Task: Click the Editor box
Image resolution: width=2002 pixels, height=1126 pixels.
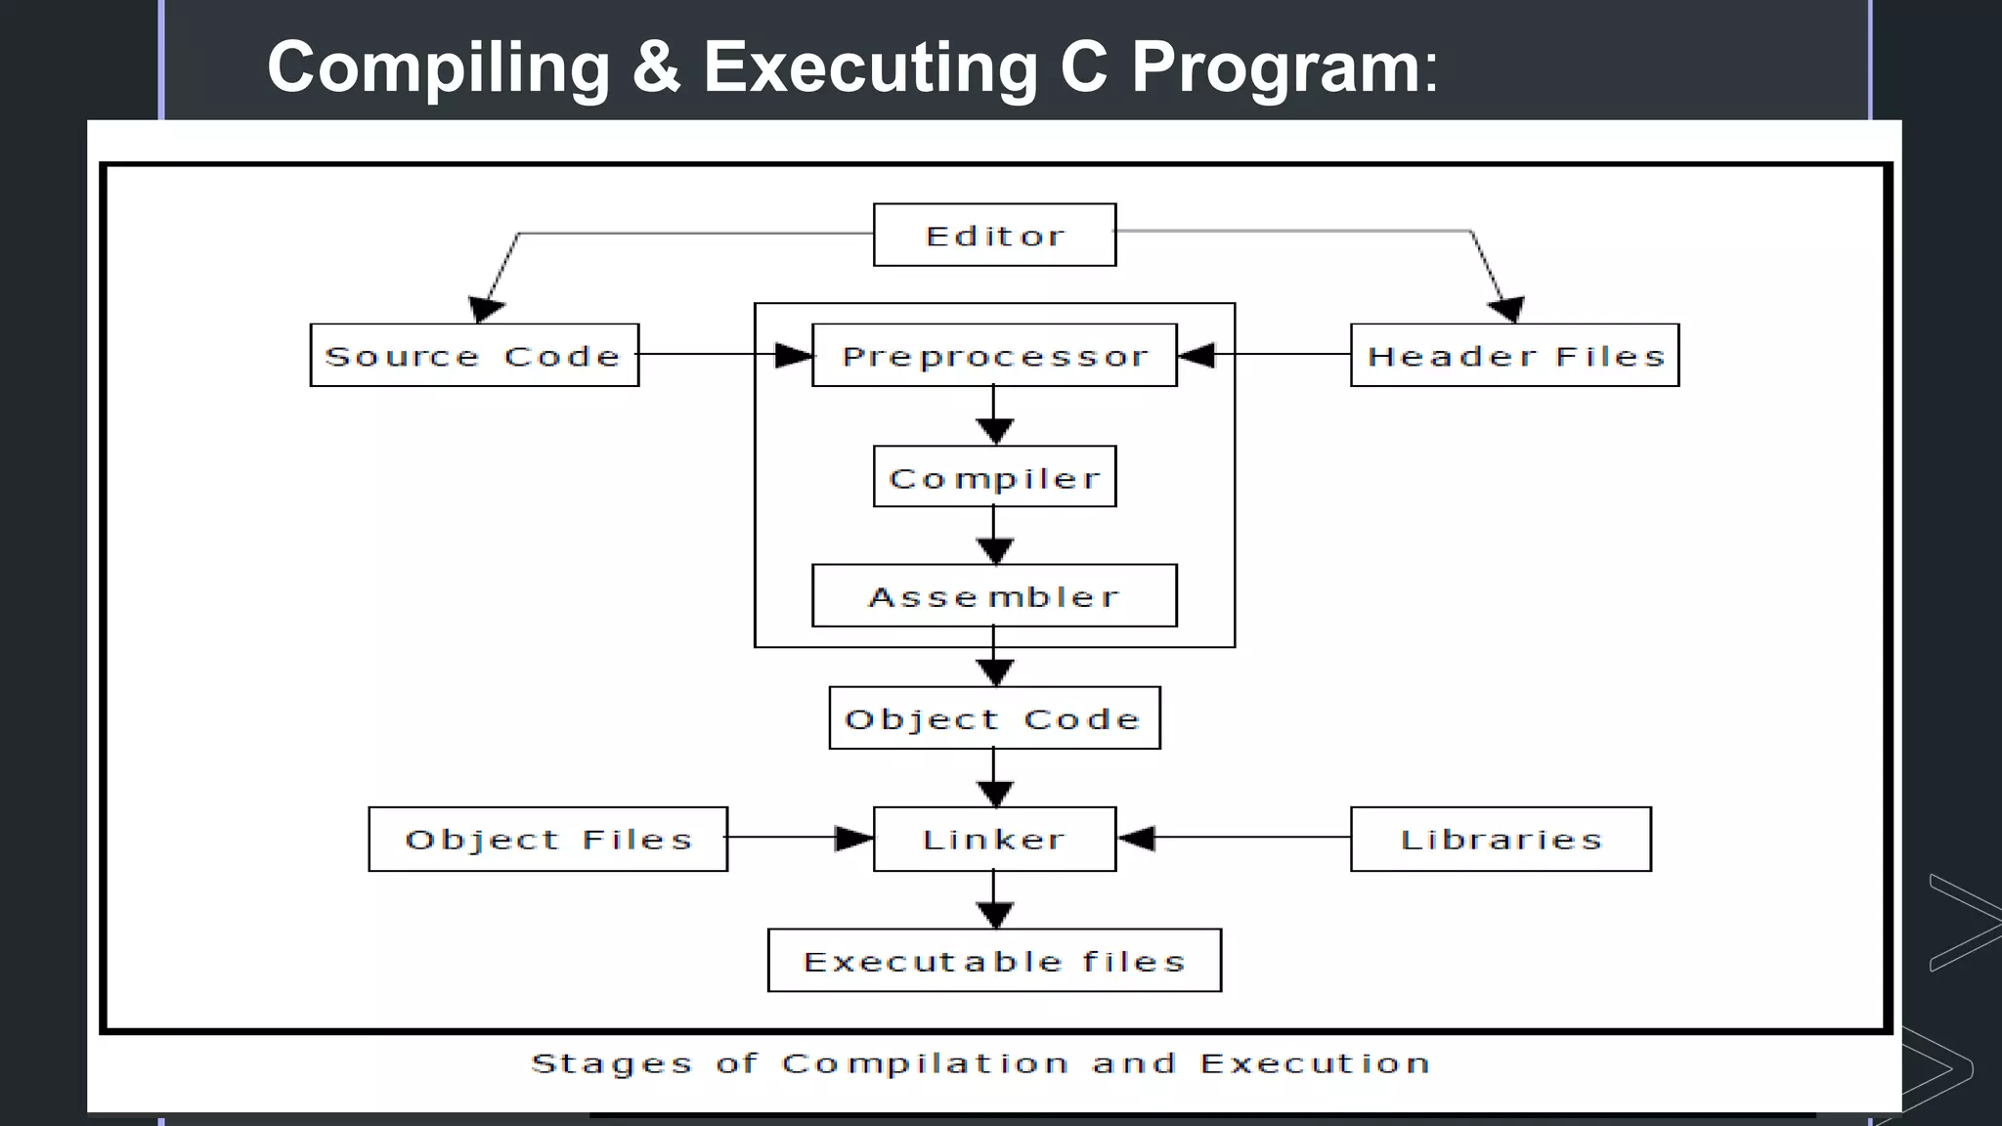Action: [994, 235]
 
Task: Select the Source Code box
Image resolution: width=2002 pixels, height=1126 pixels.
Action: [474, 355]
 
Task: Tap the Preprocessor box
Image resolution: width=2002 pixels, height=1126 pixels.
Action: [994, 356]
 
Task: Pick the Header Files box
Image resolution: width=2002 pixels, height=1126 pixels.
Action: [1514, 356]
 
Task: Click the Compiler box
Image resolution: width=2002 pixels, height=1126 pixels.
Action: [994, 477]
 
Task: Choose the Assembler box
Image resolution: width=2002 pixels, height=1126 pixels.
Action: [994, 595]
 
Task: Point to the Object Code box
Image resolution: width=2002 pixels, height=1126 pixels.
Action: [994, 718]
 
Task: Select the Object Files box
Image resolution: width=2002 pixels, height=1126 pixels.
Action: [547, 839]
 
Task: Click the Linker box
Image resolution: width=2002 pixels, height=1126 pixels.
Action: [994, 839]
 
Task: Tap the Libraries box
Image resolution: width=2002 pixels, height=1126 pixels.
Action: [1501, 839]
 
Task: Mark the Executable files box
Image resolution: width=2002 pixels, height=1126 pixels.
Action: [994, 961]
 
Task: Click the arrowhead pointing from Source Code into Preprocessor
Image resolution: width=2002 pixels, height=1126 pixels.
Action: [794, 355]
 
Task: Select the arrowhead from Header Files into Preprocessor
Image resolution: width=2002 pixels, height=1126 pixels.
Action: [1197, 355]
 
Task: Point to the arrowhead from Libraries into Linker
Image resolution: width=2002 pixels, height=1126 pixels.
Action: [1137, 839]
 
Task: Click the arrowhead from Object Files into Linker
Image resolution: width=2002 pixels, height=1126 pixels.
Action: [853, 839]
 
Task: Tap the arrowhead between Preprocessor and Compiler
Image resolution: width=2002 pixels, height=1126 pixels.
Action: [994, 430]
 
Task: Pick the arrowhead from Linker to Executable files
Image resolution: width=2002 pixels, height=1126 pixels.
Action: [994, 914]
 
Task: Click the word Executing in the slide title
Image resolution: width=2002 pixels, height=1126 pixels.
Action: [870, 68]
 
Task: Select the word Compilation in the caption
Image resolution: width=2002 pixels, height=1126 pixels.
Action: [924, 1063]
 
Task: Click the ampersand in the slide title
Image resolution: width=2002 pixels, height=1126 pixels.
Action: [656, 68]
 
